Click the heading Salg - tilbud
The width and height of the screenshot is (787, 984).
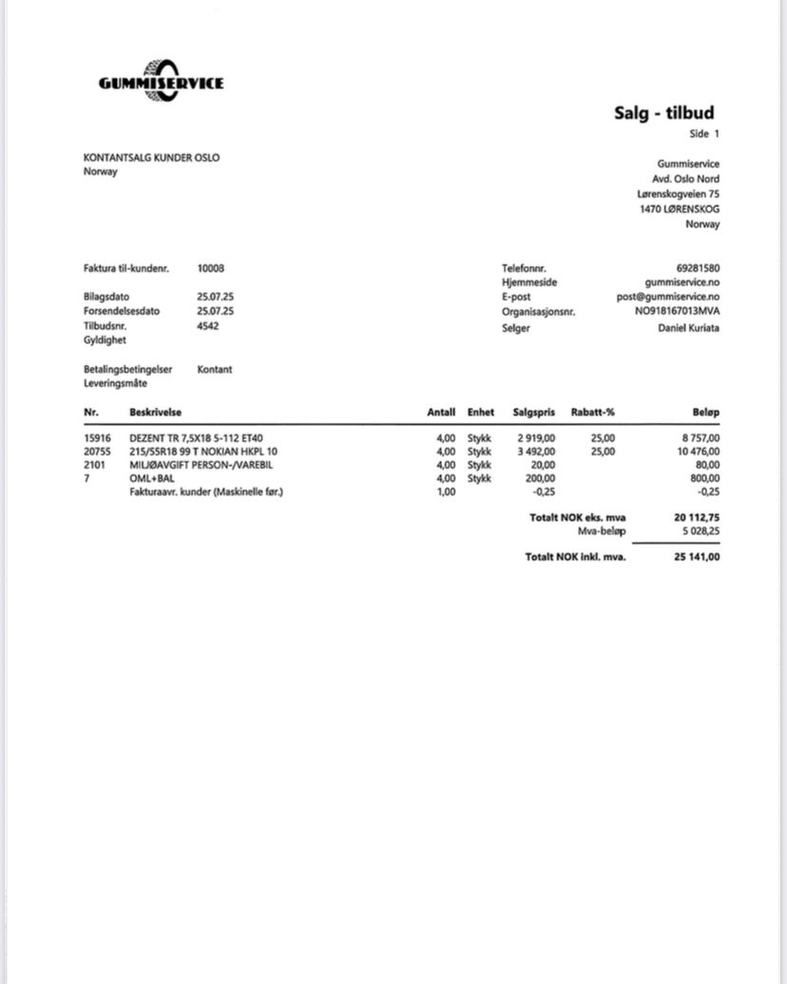click(x=663, y=114)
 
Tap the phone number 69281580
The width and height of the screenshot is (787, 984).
click(x=698, y=268)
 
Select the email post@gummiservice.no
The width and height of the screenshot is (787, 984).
click(x=668, y=297)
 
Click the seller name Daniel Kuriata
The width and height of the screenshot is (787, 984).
click(x=689, y=327)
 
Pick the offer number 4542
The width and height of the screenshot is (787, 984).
click(x=207, y=325)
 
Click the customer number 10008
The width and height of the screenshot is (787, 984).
click(x=211, y=268)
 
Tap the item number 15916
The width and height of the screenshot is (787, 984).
click(x=97, y=438)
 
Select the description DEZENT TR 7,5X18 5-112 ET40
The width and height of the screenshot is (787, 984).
click(x=196, y=438)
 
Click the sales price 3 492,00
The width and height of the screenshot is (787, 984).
click(x=536, y=452)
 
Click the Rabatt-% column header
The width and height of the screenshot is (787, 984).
click(x=593, y=412)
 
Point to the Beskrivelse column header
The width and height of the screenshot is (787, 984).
click(x=156, y=412)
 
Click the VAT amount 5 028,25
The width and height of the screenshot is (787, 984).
click(x=698, y=532)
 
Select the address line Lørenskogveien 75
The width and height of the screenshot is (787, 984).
click(x=678, y=194)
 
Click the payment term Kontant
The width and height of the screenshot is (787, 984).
click(x=215, y=369)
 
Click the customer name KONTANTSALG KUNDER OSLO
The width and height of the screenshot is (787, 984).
click(x=151, y=158)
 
